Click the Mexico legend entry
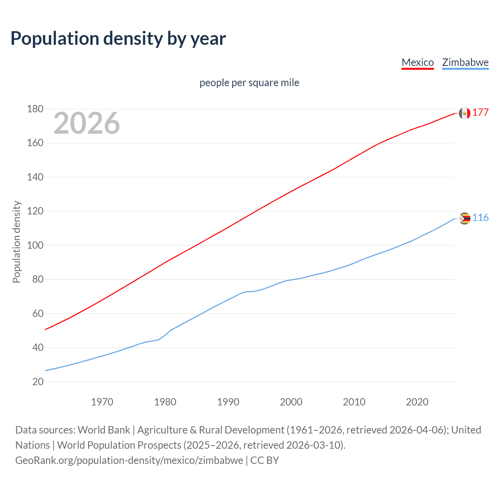pos(418,62)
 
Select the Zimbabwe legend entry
pos(465,62)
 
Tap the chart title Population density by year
pos(118,39)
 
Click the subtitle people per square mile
pos(249,83)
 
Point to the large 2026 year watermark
pos(87,123)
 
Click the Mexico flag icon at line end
pos(464,113)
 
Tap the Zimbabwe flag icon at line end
pos(464,218)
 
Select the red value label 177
pos(480,113)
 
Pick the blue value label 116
pos(480,218)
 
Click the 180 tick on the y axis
pos(35,109)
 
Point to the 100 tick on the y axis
pos(35,246)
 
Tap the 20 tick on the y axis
pos(38,382)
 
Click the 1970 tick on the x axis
pos(102,402)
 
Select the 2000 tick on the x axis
pos(291,402)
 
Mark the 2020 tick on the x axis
pos(417,402)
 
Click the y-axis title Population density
pos(16,242)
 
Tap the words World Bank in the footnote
pos(104,430)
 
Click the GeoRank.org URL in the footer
pos(129,460)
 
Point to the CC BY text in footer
pos(265,460)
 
